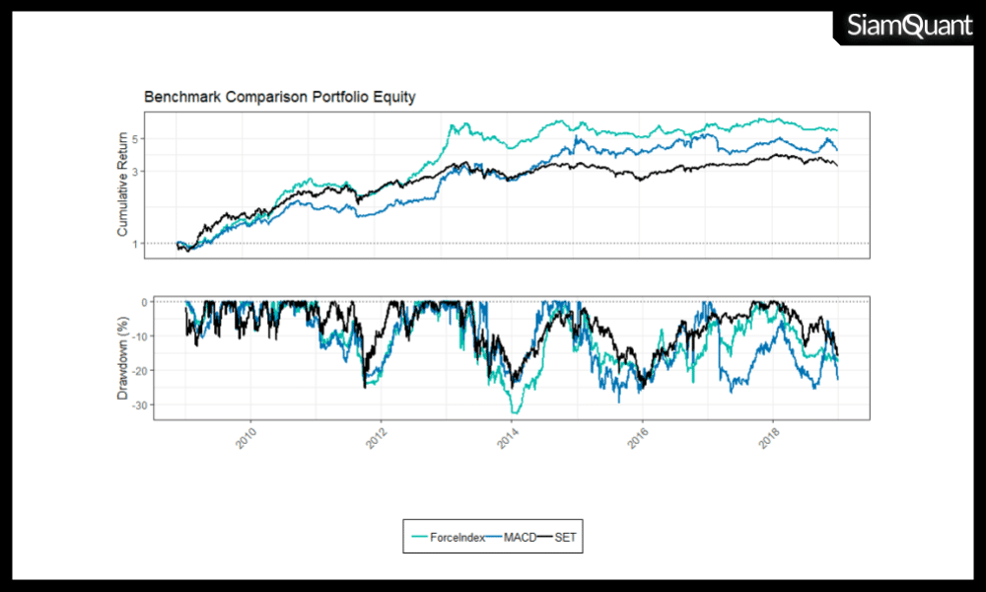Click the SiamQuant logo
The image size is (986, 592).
pyautogui.click(x=909, y=27)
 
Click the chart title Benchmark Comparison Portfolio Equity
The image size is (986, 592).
pyautogui.click(x=280, y=98)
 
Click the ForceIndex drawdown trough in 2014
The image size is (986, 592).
pyautogui.click(x=515, y=410)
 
